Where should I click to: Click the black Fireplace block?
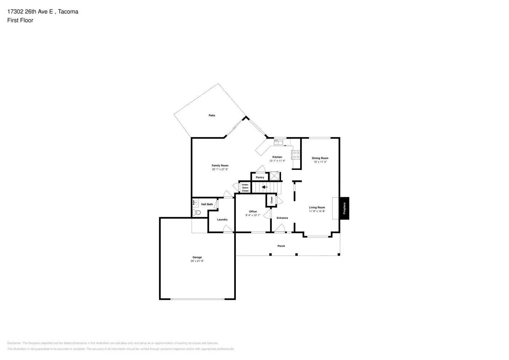point(344,208)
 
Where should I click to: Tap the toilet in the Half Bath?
point(197,212)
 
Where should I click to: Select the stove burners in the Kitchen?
point(296,155)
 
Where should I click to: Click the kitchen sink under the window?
point(278,142)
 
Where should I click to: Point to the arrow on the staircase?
point(265,187)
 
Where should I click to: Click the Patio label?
point(212,116)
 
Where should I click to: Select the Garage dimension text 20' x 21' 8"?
point(197,261)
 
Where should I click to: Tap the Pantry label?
point(260,177)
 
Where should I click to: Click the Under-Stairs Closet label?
point(245,188)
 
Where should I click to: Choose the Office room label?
point(253,212)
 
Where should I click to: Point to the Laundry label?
point(222,220)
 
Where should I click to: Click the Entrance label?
point(282,218)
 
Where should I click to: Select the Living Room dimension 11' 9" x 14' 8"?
point(317,211)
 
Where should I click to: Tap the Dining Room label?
point(320,158)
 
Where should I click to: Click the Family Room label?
point(220,166)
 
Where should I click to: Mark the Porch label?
point(281,246)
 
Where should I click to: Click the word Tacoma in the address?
point(68,12)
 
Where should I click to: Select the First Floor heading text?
point(20,21)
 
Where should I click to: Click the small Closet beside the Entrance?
point(271,200)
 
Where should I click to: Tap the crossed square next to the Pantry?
point(275,176)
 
